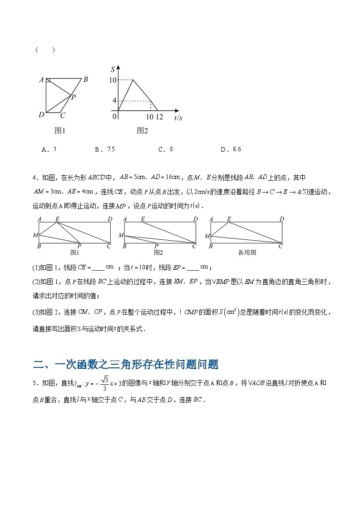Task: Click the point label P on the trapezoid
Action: (x=74, y=97)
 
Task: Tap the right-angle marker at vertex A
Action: (x=48, y=80)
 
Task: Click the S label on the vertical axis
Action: (x=113, y=69)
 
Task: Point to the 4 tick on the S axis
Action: (x=114, y=100)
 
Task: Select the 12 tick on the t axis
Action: (x=159, y=117)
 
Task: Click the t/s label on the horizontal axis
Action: (x=178, y=118)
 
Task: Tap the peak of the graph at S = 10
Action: (x=133, y=80)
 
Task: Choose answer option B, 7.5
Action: (x=105, y=149)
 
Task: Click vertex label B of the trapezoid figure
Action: (x=85, y=79)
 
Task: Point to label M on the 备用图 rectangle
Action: (x=207, y=236)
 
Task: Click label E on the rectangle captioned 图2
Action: (x=143, y=219)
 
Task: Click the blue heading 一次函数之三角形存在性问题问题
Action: (x=126, y=364)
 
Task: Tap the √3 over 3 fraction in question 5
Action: (x=105, y=383)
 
